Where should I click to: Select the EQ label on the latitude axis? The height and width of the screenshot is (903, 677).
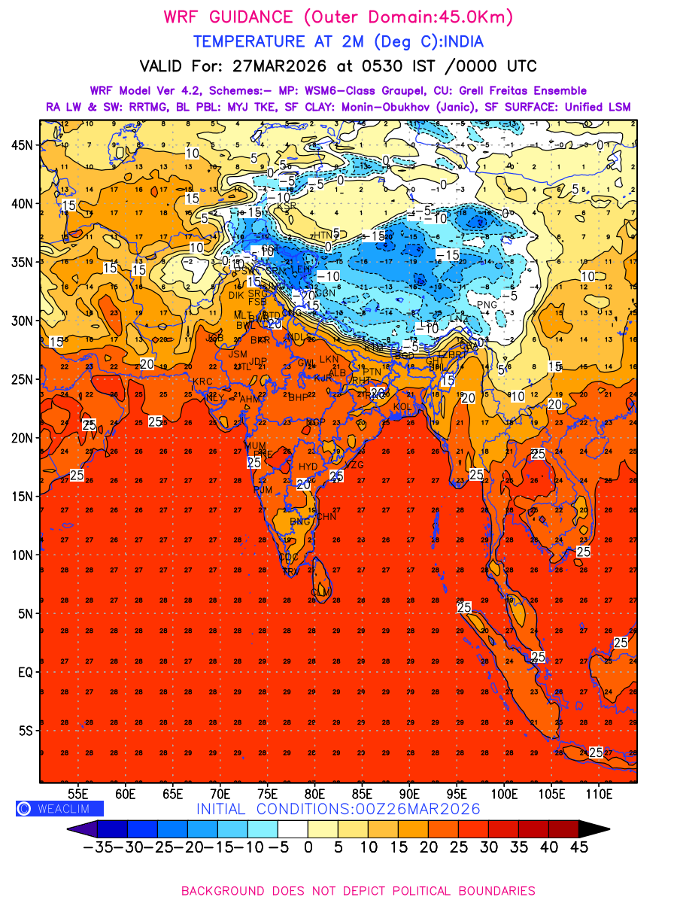(25, 672)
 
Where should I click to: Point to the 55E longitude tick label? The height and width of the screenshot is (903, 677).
(77, 794)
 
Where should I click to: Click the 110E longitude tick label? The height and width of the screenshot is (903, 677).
(600, 794)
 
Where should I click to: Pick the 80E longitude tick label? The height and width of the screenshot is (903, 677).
(314, 794)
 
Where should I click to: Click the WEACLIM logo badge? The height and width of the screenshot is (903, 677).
(59, 808)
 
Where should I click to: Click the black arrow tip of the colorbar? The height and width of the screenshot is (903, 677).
(595, 829)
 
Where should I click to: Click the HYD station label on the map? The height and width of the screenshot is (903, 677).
(308, 467)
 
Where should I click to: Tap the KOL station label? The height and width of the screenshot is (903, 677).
(403, 407)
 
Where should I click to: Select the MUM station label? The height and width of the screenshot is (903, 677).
(256, 446)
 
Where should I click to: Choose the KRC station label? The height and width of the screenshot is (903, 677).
(202, 382)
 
